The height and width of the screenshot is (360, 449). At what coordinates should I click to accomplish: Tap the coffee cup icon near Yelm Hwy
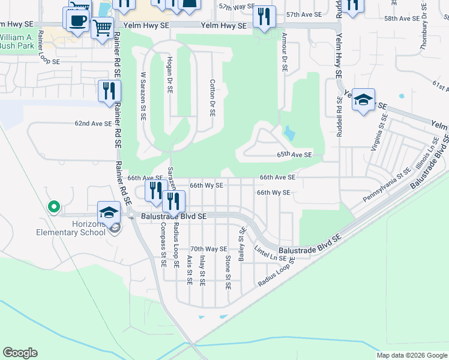tap(77, 22)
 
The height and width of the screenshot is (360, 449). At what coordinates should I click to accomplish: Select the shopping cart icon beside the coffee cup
tap(103, 27)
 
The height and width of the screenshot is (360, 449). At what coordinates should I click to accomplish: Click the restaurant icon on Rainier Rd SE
tap(109, 91)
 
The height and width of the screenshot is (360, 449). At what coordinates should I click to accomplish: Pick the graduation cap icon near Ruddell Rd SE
tap(363, 99)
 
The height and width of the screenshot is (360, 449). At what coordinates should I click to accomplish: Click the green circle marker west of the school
tap(53, 207)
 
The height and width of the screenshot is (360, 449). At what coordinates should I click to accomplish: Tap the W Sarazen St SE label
tap(143, 96)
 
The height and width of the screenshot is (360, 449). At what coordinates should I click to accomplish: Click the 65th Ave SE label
tap(294, 155)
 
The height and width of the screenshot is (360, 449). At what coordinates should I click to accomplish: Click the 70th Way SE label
tap(208, 248)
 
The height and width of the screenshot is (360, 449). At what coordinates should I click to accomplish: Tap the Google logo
tap(20, 353)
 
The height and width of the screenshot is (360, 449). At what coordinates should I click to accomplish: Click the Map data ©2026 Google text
tap(412, 355)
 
